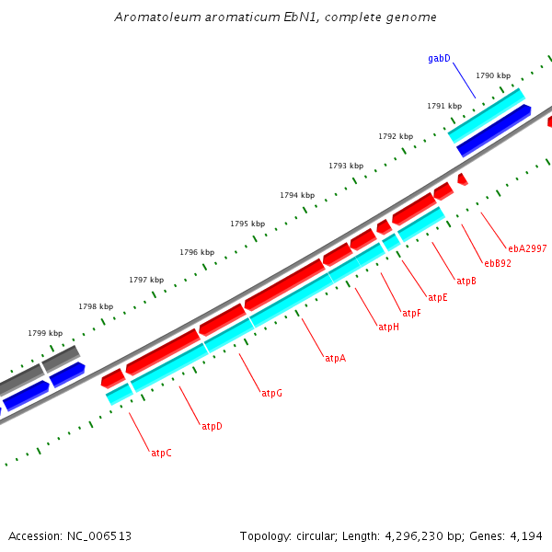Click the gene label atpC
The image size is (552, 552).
pos(161,453)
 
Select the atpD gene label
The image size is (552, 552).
pos(212,426)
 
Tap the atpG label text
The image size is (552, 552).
pos(271,393)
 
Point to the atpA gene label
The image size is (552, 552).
pos(335,358)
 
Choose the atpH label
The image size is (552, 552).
pos(388,327)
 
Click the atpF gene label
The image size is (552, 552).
pos(411,313)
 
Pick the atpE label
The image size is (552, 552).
pos(437,297)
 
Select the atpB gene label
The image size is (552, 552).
pos(466,281)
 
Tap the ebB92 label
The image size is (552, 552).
pos(498,263)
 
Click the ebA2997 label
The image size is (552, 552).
pos(527,248)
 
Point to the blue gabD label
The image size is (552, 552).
pos(439,58)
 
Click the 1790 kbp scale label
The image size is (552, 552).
pos(492,75)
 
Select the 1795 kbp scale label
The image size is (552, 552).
pos(247,224)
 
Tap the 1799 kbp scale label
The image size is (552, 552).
pos(45,333)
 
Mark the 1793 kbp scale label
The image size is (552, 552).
pos(346,166)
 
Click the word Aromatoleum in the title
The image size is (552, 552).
pos(155,17)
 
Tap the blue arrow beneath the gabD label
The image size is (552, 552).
pos(493,130)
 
